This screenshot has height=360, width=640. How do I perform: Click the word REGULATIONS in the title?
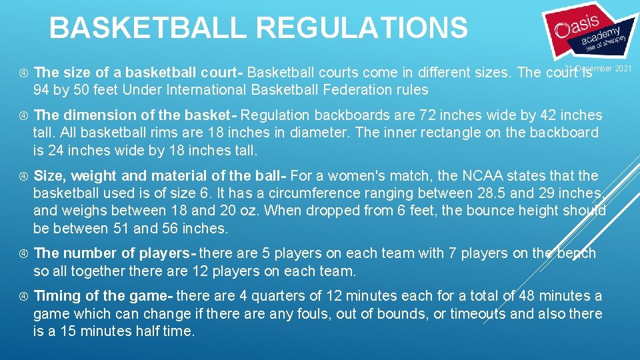tap(362, 28)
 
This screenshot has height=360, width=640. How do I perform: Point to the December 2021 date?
tap(598, 69)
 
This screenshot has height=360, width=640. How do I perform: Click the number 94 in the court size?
tap(42, 89)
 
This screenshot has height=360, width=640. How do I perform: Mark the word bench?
tap(577, 253)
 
